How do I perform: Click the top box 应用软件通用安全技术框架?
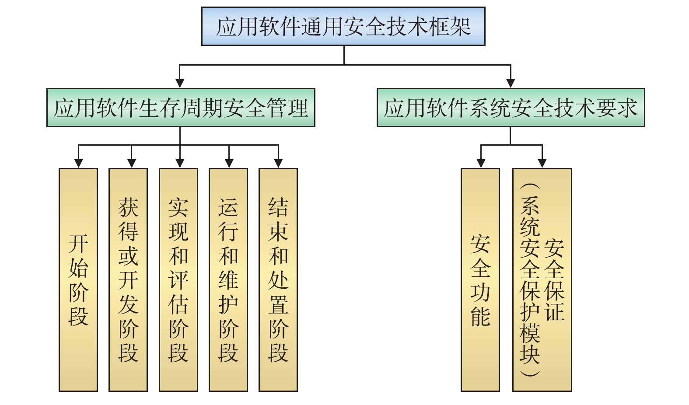point(343,26)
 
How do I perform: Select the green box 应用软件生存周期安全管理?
point(181,108)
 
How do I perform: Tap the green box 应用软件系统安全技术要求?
point(511,108)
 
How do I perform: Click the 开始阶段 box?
point(78,280)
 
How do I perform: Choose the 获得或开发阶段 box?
point(128,280)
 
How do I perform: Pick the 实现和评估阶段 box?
point(178,280)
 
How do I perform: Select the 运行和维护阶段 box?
point(228,280)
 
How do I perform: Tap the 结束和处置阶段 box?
point(278,280)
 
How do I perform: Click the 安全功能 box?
point(480,280)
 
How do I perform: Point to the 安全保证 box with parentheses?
point(542,280)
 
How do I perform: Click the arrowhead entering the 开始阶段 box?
point(78,164)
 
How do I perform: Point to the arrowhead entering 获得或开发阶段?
point(131,164)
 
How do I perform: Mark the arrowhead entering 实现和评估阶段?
point(180,164)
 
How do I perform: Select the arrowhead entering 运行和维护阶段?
point(229,164)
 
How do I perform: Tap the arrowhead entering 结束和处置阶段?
point(278,164)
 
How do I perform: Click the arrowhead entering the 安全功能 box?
point(481,164)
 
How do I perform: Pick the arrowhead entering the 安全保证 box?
point(542,164)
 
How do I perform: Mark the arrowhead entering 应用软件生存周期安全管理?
point(179,84)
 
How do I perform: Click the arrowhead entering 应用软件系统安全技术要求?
point(511,84)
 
